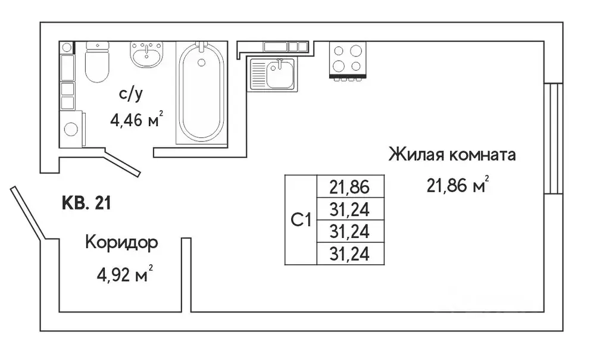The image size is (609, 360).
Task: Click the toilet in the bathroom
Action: tap(98, 62)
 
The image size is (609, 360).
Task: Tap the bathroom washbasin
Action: tap(145, 55)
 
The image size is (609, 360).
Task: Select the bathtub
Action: tap(202, 93)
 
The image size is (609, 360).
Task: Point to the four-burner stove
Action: tap(347, 59)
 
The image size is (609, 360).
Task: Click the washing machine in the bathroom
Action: tap(71, 129)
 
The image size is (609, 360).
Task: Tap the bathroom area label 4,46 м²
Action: tap(136, 120)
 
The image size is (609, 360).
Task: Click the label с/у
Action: tap(131, 93)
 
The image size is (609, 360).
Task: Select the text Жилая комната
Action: tap(452, 155)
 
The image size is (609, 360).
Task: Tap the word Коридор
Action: tap(121, 243)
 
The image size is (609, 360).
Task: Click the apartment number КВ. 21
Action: tap(86, 204)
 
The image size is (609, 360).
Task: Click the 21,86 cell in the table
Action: tap(350, 187)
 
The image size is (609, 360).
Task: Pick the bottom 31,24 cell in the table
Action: tap(350, 254)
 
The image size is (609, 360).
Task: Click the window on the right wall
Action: tap(554, 139)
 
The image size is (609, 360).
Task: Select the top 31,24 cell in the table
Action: tap(350, 209)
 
